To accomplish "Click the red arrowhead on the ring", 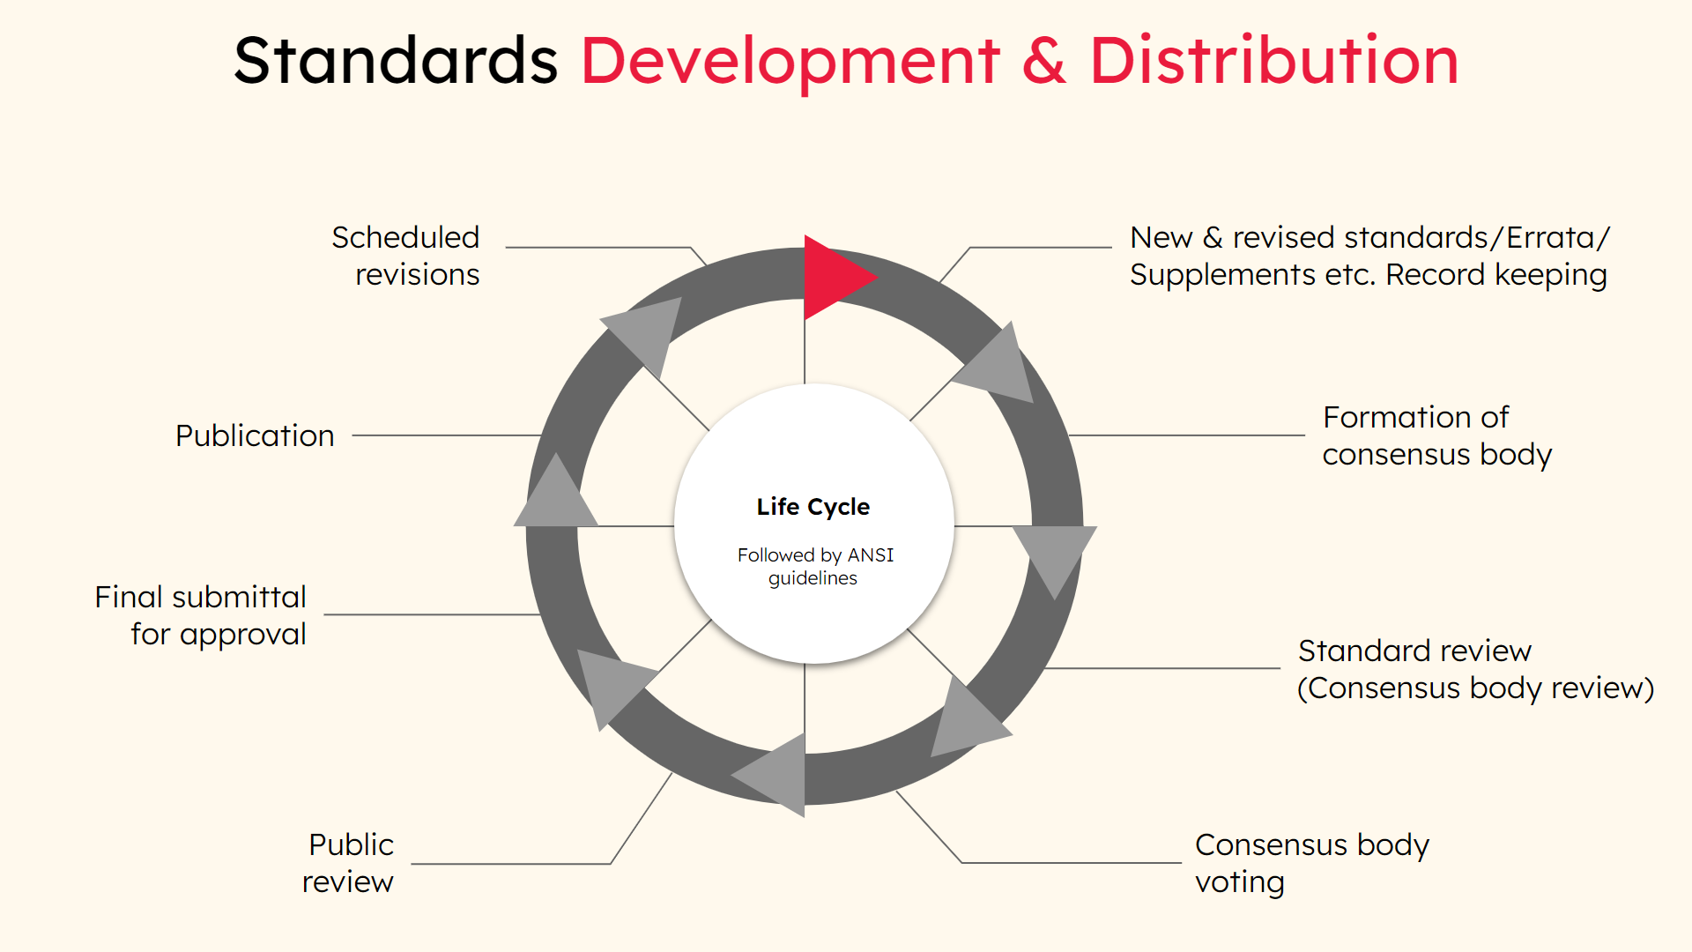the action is click(833, 278).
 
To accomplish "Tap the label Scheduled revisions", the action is click(405, 256).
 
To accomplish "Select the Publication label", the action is click(255, 435).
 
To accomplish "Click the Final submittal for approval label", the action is click(201, 615).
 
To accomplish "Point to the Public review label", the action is click(348, 863).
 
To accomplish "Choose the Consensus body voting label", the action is click(1312, 863).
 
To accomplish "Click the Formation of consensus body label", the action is click(1437, 435).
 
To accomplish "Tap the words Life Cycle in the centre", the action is click(813, 507).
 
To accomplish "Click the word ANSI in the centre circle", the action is click(871, 555).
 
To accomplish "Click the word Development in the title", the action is click(790, 62).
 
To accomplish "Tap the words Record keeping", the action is click(1496, 275).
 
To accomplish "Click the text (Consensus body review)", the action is click(1476, 688).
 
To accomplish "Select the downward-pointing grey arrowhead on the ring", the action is click(1054, 555).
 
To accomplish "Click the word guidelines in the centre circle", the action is click(813, 579).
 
